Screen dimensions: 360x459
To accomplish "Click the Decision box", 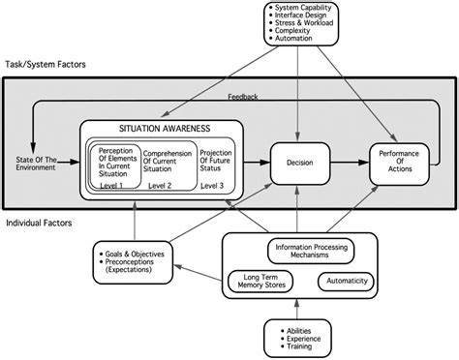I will pos(298,164).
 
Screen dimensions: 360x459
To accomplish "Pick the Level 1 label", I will pos(114,184).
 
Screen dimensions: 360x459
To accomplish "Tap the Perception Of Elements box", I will pos(114,161).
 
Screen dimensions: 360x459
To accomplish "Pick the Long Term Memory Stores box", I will pos(260,281).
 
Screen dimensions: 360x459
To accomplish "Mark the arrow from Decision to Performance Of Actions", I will pos(346,164).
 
